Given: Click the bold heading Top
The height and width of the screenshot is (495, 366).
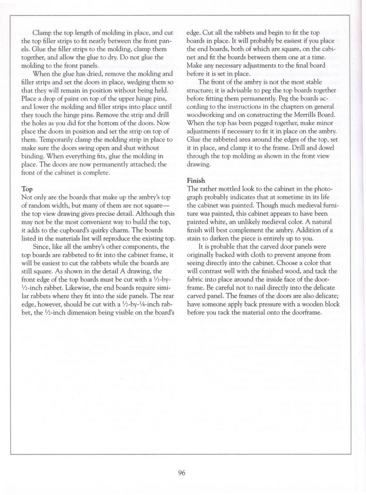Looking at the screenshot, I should tap(27, 189).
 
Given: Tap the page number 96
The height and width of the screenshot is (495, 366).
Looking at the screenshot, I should tap(182, 474).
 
